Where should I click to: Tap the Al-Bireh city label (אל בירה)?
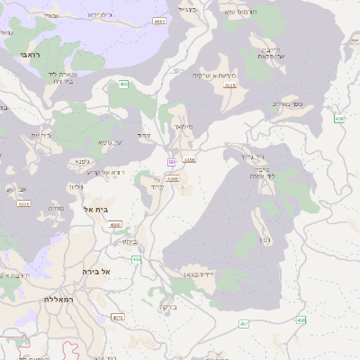coord(95,271)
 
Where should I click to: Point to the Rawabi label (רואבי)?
coord(11,55)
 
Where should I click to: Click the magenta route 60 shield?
coord(170,162)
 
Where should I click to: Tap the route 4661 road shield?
coord(159,20)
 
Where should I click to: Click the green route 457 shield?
coord(244,323)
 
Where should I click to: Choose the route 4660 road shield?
coord(172,179)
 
